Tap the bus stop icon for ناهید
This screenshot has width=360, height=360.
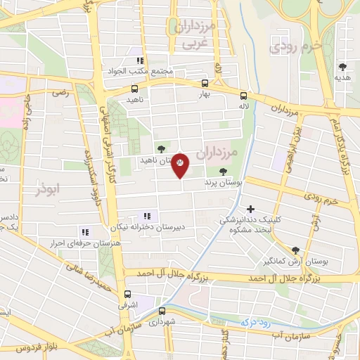134,89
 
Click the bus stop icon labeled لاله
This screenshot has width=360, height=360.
243,96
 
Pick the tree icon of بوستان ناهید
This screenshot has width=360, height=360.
162,148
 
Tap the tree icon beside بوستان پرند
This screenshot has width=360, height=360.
223,171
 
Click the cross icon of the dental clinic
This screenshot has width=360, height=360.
251,209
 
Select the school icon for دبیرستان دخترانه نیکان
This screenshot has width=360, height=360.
146,216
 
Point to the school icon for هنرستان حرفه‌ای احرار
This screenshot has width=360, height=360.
85,231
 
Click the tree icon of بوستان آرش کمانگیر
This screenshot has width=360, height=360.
295,250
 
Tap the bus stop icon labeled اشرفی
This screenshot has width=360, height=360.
127,295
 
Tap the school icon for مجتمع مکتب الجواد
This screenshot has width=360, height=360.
140,61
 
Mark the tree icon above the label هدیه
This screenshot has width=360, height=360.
342,67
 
